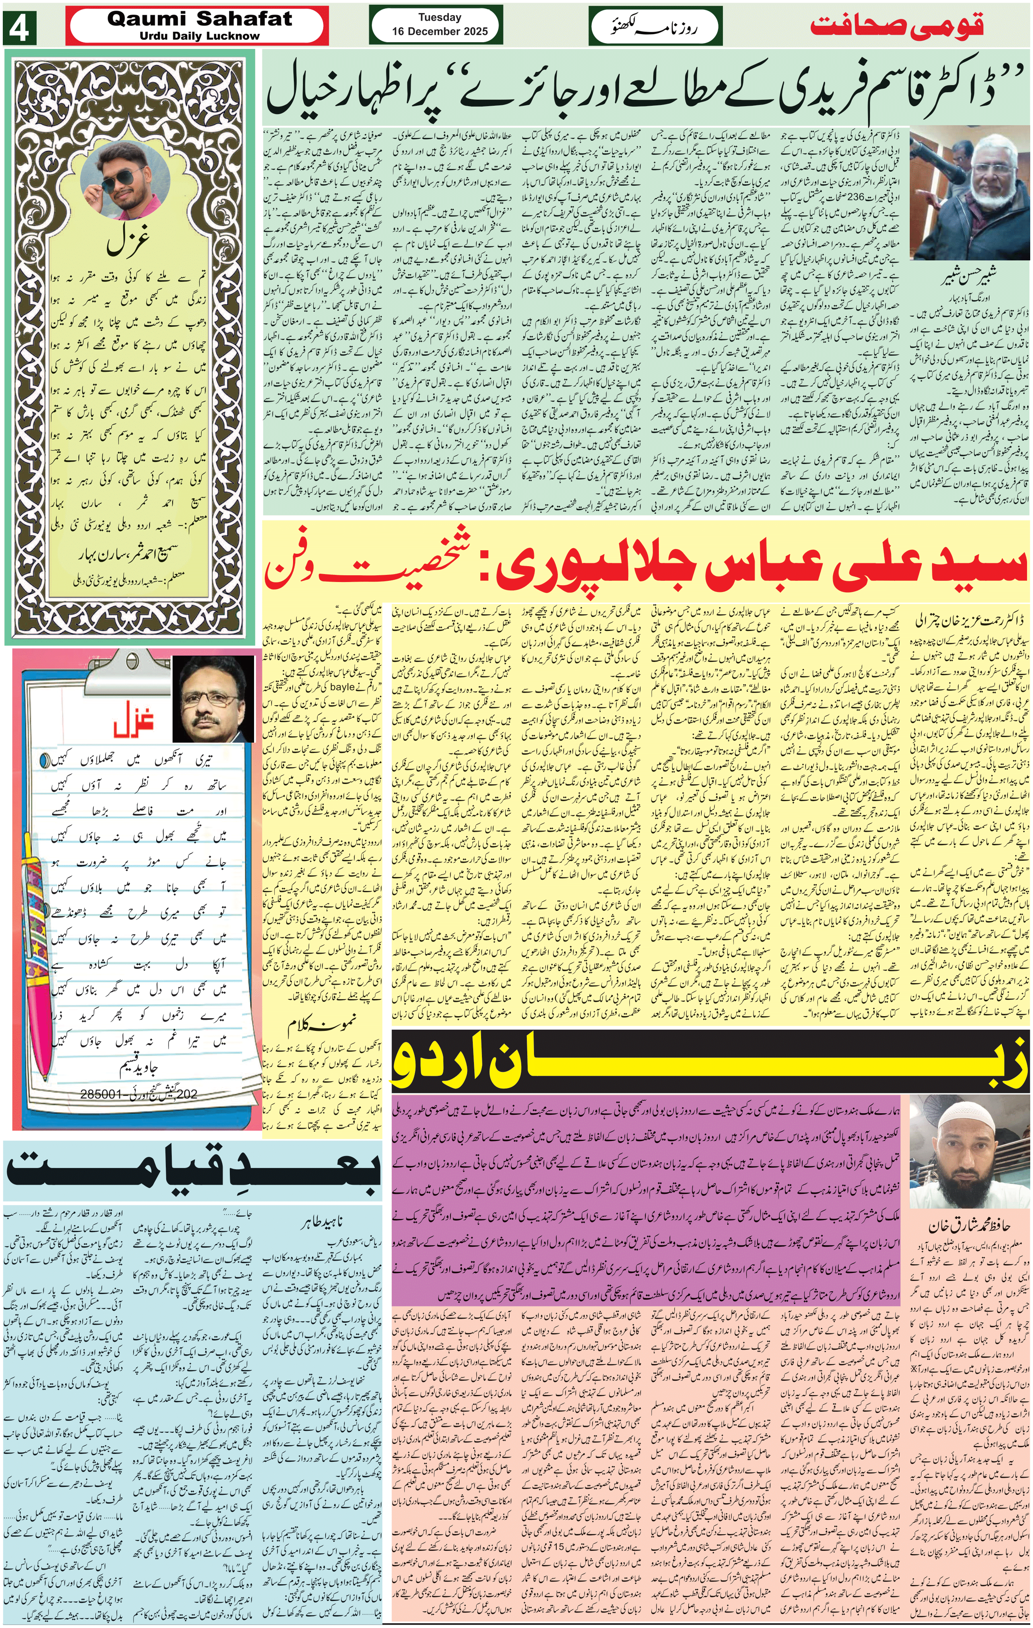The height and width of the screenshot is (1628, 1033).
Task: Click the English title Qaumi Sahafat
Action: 200,18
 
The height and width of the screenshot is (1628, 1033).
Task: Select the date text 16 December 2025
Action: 439,31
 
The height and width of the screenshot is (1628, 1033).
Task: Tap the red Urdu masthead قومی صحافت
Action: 897,26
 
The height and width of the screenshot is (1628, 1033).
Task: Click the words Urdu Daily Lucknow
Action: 200,36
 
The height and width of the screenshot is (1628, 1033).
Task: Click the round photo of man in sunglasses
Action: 124,178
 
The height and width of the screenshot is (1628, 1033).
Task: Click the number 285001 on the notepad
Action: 105,1094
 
